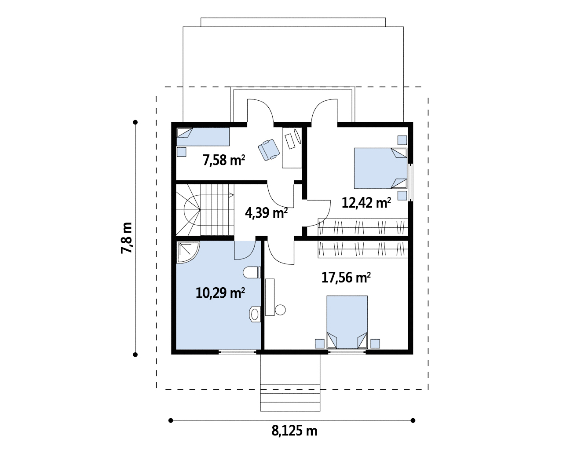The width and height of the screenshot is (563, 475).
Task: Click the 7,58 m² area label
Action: click(223, 160)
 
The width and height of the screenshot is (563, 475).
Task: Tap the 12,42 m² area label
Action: click(366, 203)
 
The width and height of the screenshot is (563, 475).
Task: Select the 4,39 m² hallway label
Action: click(266, 213)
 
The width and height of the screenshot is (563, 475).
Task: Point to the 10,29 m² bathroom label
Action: click(220, 292)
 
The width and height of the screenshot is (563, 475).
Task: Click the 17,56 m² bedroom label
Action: click(346, 278)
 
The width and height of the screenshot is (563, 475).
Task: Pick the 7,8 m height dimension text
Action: click(127, 238)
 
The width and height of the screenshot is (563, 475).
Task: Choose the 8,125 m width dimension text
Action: click(294, 431)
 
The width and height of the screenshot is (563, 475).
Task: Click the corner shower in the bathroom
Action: click(188, 252)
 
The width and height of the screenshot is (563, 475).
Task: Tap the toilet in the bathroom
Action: click(252, 272)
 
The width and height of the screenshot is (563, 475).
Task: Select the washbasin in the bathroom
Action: click(255, 314)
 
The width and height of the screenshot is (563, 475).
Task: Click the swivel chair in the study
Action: click(269, 150)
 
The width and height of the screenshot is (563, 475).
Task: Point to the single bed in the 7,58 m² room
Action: click(203, 137)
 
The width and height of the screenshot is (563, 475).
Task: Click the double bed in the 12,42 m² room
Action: click(380, 168)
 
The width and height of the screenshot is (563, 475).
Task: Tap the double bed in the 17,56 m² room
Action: click(347, 322)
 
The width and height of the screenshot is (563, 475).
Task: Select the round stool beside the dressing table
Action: click(281, 310)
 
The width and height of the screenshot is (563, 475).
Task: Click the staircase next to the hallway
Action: click(205, 210)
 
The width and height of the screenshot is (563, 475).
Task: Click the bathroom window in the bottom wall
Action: click(237, 351)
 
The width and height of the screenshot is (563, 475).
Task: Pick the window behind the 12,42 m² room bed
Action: click(410, 182)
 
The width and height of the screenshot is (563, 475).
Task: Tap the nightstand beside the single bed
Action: click(182, 152)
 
